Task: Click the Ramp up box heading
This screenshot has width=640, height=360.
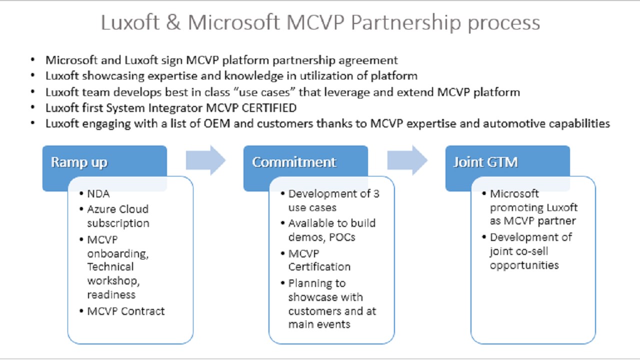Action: (x=79, y=162)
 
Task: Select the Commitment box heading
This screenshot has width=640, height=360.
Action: (x=294, y=162)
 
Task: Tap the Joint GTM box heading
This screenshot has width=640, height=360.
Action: (x=485, y=162)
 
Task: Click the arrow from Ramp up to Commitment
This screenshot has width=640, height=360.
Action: (x=205, y=160)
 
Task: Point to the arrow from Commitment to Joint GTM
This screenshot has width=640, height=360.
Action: (x=407, y=160)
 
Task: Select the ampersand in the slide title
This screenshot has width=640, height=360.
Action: (x=173, y=23)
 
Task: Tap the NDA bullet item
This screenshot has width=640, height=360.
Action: (x=98, y=194)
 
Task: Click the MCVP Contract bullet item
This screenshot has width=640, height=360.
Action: (x=125, y=311)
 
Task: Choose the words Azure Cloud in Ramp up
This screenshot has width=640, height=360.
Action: (x=117, y=209)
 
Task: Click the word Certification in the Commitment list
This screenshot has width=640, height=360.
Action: (x=319, y=266)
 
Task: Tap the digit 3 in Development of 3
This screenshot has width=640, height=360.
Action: (x=376, y=194)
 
